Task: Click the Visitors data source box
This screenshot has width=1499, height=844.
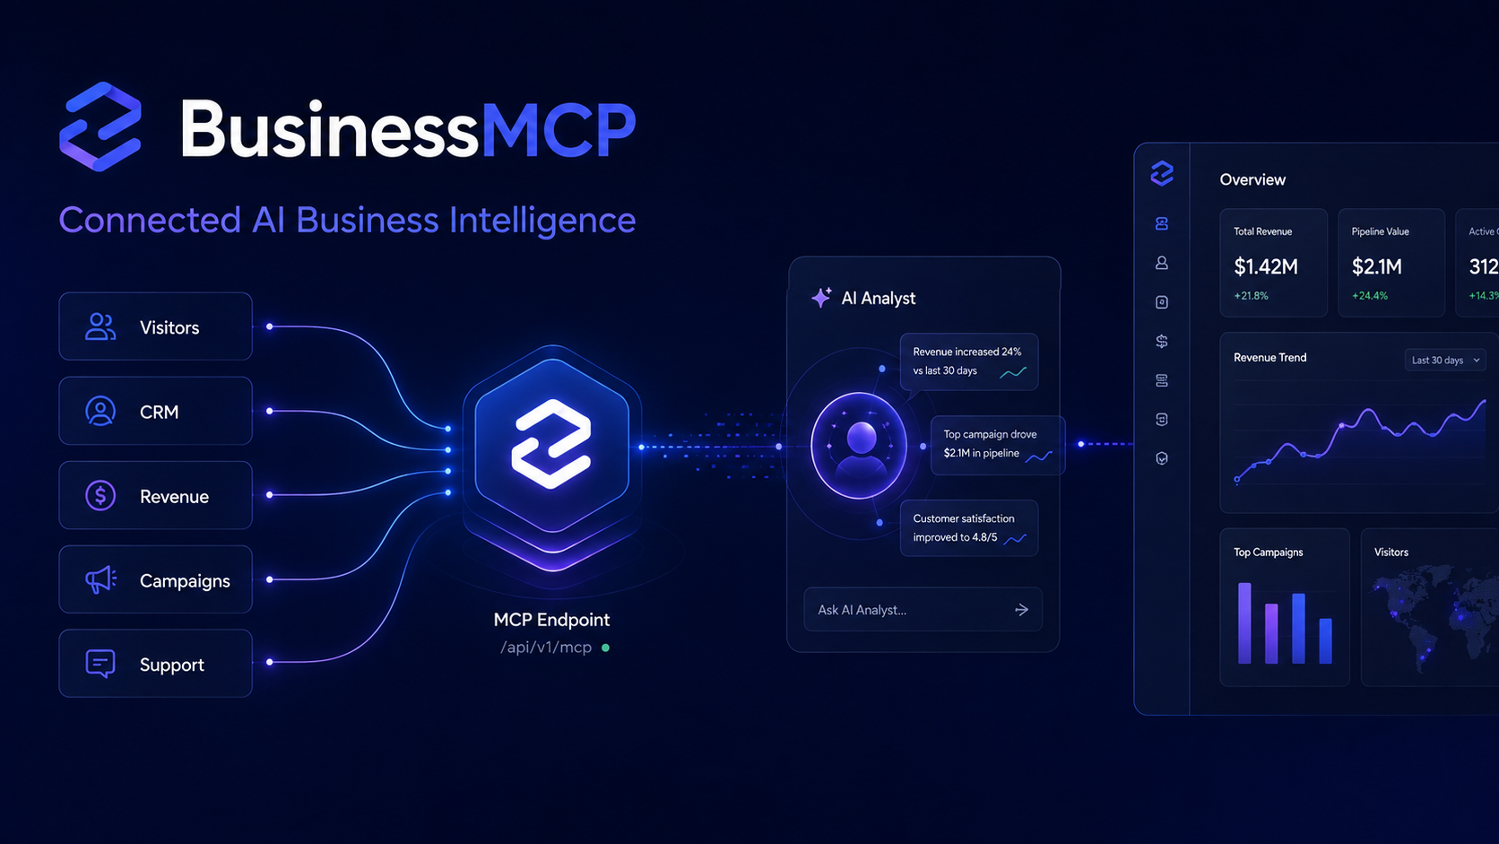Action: click(155, 326)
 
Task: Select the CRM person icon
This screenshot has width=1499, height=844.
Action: click(100, 411)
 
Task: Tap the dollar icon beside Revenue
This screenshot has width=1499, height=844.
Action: click(100, 495)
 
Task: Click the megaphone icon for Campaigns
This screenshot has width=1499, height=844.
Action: click(100, 579)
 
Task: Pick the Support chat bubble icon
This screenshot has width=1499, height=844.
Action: click(100, 664)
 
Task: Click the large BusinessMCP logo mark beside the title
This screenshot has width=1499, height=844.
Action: click(101, 126)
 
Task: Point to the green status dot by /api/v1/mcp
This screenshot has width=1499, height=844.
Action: click(606, 648)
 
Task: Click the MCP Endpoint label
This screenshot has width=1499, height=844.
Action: click(551, 620)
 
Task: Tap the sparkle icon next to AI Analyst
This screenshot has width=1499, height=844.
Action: click(821, 297)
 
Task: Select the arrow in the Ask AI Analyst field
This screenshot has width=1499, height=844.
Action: click(1021, 609)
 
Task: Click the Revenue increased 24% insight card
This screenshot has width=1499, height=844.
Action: click(969, 361)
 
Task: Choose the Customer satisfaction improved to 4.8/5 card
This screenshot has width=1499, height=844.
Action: click(969, 528)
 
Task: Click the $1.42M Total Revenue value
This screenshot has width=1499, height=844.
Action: click(1265, 266)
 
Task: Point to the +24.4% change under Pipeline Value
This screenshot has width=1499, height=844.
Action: click(1370, 296)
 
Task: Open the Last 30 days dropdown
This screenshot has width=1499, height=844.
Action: click(1445, 360)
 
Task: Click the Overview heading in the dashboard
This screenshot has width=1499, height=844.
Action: click(1252, 179)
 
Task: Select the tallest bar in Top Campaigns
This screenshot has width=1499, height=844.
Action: click(1244, 623)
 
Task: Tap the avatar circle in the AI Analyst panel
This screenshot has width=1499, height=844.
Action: click(859, 446)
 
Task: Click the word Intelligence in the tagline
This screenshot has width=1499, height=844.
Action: click(542, 221)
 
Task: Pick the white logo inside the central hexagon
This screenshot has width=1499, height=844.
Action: click(551, 444)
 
